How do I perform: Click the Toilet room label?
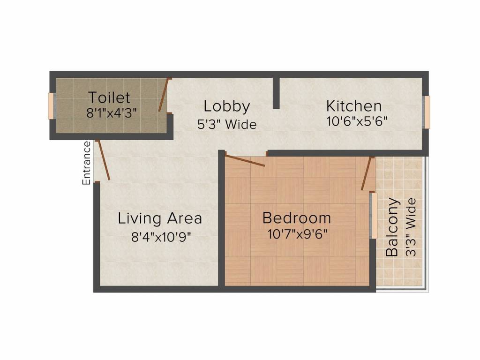click(x=109, y=97)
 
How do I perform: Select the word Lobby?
click(x=227, y=107)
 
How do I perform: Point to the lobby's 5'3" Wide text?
click(x=227, y=124)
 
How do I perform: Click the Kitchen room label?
click(x=354, y=105)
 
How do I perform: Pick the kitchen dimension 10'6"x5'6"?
click(x=356, y=121)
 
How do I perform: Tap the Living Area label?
click(x=160, y=218)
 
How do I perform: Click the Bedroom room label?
click(x=296, y=218)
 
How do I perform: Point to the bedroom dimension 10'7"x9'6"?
click(x=297, y=234)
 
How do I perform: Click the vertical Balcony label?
click(x=392, y=227)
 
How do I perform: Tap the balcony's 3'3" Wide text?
click(x=411, y=227)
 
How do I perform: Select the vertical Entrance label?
click(x=86, y=163)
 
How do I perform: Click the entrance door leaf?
click(x=103, y=160)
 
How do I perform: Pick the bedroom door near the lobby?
click(x=245, y=161)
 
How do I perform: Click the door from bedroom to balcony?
click(x=367, y=173)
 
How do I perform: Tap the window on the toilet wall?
click(x=52, y=106)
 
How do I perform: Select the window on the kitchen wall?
click(x=426, y=112)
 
